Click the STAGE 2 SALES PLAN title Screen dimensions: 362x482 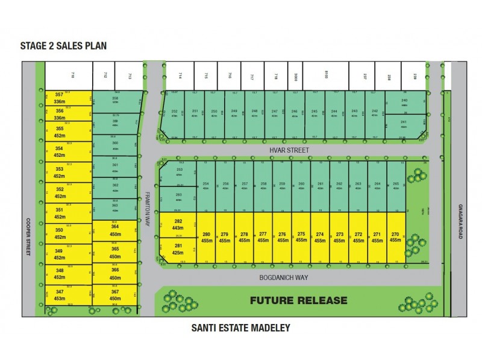point(64,45)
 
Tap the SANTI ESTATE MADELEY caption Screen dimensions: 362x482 point(240,328)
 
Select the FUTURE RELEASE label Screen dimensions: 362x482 point(298,300)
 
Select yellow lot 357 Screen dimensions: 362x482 point(59,98)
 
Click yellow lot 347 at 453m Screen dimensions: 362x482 point(59,294)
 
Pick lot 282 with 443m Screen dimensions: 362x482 point(178,224)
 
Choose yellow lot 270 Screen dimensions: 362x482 point(395,237)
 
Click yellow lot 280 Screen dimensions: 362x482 point(206,237)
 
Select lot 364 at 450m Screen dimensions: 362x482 point(115,230)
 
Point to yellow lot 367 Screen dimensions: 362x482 point(115,295)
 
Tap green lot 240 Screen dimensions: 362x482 point(404,102)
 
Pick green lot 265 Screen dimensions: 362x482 point(395,186)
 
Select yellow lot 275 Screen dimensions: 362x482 point(301,237)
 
